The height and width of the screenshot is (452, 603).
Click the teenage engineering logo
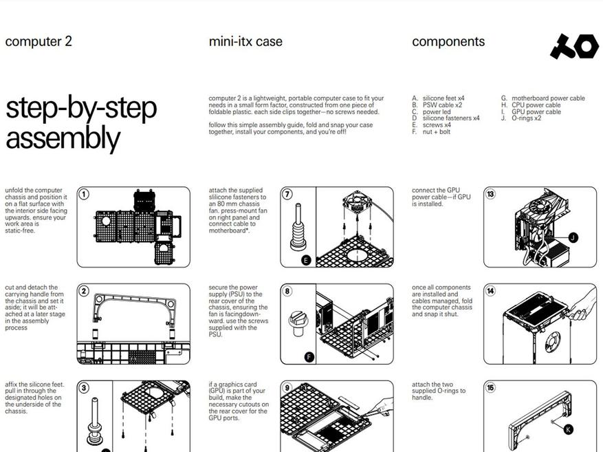click(x=574, y=46)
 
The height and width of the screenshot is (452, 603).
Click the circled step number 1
click(x=84, y=194)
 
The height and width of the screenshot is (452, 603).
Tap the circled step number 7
click(x=287, y=194)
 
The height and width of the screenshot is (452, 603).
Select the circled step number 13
click(x=490, y=194)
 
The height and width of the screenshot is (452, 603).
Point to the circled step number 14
click(x=490, y=291)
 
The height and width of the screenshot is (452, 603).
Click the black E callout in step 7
click(x=306, y=261)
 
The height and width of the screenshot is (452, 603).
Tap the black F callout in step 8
click(x=309, y=357)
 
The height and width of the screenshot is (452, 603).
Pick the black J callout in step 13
click(x=573, y=237)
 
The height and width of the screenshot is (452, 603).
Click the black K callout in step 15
click(x=568, y=429)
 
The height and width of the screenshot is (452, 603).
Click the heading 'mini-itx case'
click(x=245, y=41)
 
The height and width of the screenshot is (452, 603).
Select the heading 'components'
click(x=448, y=42)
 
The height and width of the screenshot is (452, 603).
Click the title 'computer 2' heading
click(x=39, y=41)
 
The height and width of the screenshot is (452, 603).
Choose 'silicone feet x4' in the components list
click(x=443, y=98)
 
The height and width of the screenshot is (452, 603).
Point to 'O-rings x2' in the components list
click(x=527, y=118)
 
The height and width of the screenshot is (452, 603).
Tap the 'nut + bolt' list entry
click(x=437, y=131)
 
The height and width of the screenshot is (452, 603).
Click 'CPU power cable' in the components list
click(x=536, y=105)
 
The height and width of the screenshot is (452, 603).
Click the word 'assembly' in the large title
click(x=63, y=138)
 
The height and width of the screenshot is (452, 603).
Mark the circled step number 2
click(x=84, y=291)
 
